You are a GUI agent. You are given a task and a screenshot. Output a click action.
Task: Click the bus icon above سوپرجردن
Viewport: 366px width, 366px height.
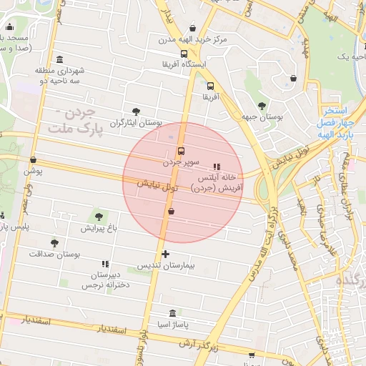click(180, 152)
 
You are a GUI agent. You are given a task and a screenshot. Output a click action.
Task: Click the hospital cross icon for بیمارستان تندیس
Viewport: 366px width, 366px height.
click(165, 254)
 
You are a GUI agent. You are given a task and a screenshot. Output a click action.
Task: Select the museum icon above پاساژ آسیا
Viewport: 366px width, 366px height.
click(172, 314)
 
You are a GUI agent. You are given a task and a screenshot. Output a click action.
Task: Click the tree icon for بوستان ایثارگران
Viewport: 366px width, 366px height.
click(136, 111)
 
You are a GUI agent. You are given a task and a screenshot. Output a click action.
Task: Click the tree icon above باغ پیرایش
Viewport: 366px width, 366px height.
click(97, 217)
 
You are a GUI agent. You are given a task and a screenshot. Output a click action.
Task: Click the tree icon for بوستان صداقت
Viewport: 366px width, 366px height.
click(54, 244)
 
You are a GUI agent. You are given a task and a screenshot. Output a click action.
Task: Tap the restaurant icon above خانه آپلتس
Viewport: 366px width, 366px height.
click(217, 167)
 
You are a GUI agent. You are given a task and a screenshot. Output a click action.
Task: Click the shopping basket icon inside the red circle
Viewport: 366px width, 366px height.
click(170, 211)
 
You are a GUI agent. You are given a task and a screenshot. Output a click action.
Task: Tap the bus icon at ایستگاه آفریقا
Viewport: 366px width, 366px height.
click(184, 54)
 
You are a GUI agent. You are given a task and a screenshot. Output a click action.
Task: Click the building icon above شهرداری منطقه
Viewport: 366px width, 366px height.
click(59, 59)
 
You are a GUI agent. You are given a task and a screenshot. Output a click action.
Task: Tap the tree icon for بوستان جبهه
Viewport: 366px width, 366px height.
click(262, 104)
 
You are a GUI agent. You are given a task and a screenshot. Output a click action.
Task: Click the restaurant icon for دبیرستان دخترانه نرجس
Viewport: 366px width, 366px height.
click(105, 264)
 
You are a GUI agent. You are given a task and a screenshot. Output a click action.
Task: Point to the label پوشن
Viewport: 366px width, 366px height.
click(34, 171)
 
